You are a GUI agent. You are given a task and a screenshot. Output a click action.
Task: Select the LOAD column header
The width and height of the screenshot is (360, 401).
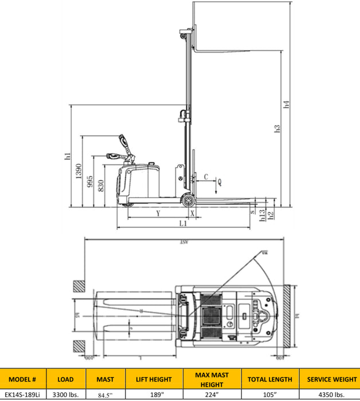click(x=65, y=379)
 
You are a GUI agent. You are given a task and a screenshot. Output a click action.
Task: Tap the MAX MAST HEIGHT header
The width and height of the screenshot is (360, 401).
click(x=212, y=379)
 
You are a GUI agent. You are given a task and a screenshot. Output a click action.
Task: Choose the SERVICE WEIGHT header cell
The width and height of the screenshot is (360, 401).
click(x=331, y=379)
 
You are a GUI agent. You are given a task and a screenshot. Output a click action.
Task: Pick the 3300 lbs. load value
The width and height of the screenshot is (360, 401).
click(x=65, y=394)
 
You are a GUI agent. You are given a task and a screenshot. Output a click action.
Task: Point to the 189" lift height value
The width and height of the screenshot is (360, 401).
click(x=154, y=394)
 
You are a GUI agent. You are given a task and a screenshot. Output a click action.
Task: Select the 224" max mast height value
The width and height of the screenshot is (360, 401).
click(x=212, y=394)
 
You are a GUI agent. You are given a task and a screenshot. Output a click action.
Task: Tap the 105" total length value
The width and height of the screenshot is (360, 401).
click(x=270, y=394)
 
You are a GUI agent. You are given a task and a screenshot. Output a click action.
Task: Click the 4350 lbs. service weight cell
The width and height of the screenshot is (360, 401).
click(x=331, y=394)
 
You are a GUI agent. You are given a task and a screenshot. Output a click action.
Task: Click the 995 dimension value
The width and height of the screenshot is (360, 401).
click(x=91, y=182)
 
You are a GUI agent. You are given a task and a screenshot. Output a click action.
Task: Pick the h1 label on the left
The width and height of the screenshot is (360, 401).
click(x=67, y=156)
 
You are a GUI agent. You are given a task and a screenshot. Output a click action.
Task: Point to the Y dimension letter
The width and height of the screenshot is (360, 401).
click(x=158, y=213)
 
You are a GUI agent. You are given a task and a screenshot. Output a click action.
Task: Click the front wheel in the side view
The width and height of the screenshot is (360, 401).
click(x=187, y=200)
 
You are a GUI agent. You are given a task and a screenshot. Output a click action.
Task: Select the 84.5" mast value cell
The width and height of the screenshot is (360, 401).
click(x=105, y=394)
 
